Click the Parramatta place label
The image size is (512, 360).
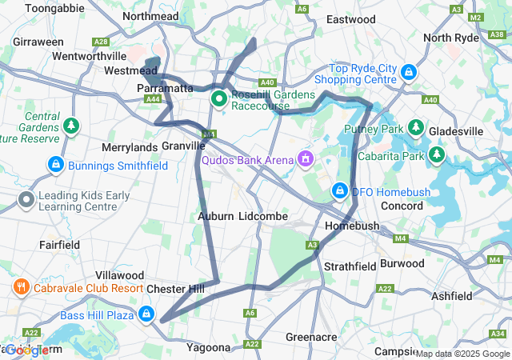point(166,88)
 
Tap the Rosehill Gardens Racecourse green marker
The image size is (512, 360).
point(218,100)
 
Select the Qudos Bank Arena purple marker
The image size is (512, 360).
point(304,160)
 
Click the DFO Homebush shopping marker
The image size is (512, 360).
point(340,191)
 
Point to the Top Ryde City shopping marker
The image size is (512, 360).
point(409,73)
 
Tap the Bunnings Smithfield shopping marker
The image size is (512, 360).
point(55,166)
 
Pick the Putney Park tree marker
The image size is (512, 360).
point(416,128)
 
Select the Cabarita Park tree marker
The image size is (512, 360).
point(437,154)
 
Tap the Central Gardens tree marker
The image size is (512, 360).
point(72,126)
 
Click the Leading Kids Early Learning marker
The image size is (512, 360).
point(26,199)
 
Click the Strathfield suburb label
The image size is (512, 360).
point(347,266)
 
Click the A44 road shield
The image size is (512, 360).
point(153,98)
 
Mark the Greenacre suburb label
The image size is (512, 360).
point(310,337)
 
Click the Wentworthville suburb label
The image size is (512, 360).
point(89,57)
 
